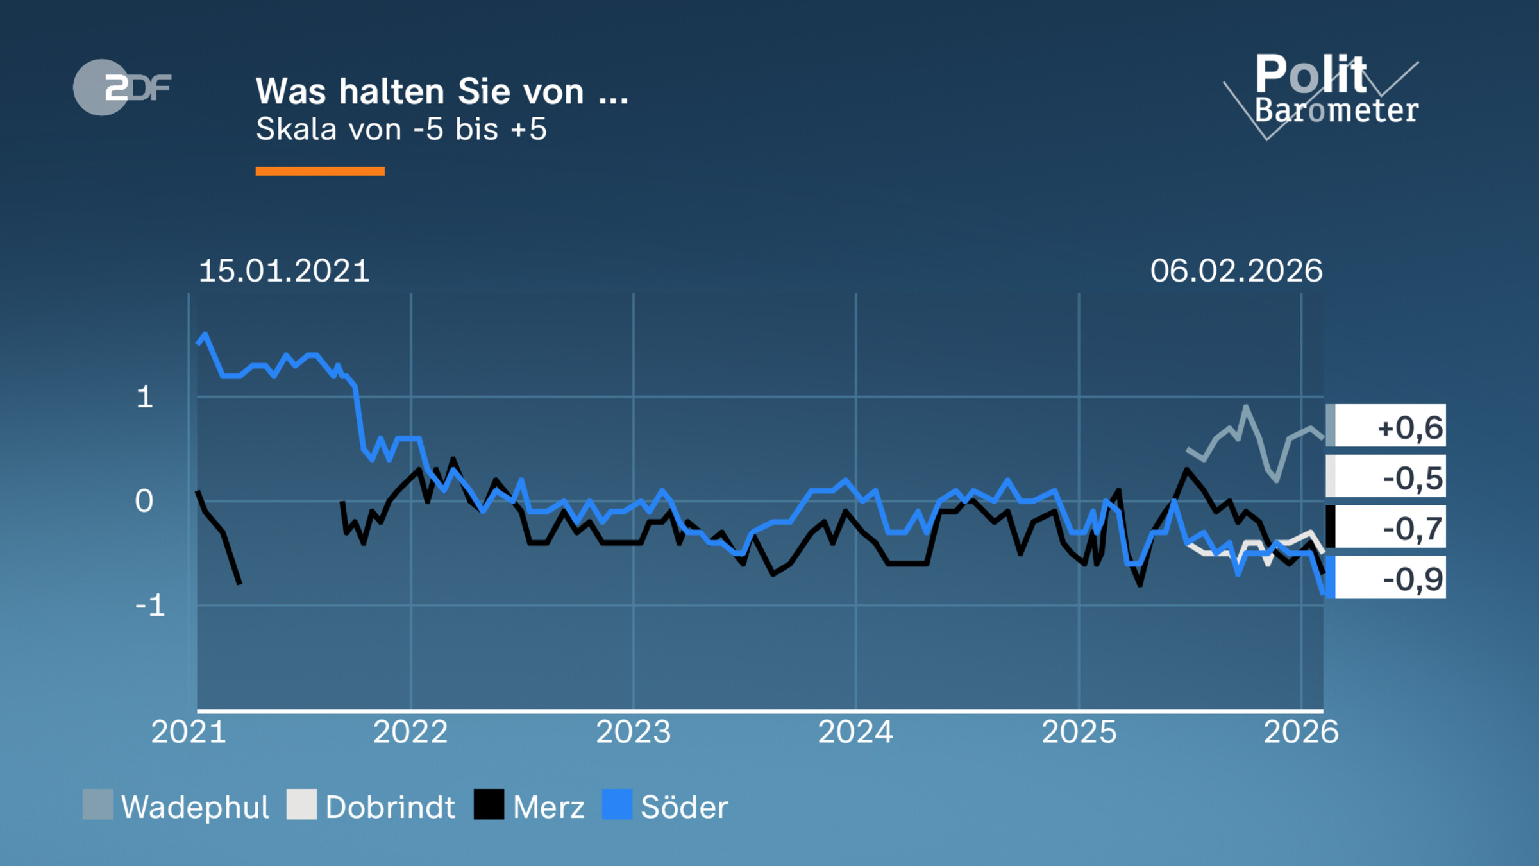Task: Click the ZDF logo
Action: pyautogui.click(x=122, y=87)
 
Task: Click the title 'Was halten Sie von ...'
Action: pyautogui.click(x=442, y=91)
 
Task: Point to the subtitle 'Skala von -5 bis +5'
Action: pyautogui.click(x=401, y=130)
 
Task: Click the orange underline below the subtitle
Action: pyautogui.click(x=320, y=171)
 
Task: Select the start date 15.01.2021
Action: pyautogui.click(x=284, y=271)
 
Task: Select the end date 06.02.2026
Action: pyautogui.click(x=1236, y=271)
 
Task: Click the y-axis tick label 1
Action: pyautogui.click(x=145, y=398)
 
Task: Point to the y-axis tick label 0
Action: pyautogui.click(x=144, y=502)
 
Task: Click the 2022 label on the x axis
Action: pyautogui.click(x=410, y=732)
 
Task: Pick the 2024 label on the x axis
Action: pyautogui.click(x=855, y=732)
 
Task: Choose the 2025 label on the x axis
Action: pyautogui.click(x=1079, y=732)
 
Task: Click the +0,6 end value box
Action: pyautogui.click(x=1386, y=426)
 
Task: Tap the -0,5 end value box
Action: pyautogui.click(x=1386, y=477)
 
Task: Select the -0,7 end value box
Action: pyautogui.click(x=1386, y=527)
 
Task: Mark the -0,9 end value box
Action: pyautogui.click(x=1386, y=577)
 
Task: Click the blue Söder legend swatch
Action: pyautogui.click(x=617, y=804)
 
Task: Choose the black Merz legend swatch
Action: pyautogui.click(x=489, y=804)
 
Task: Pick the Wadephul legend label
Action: pyautogui.click(x=195, y=807)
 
